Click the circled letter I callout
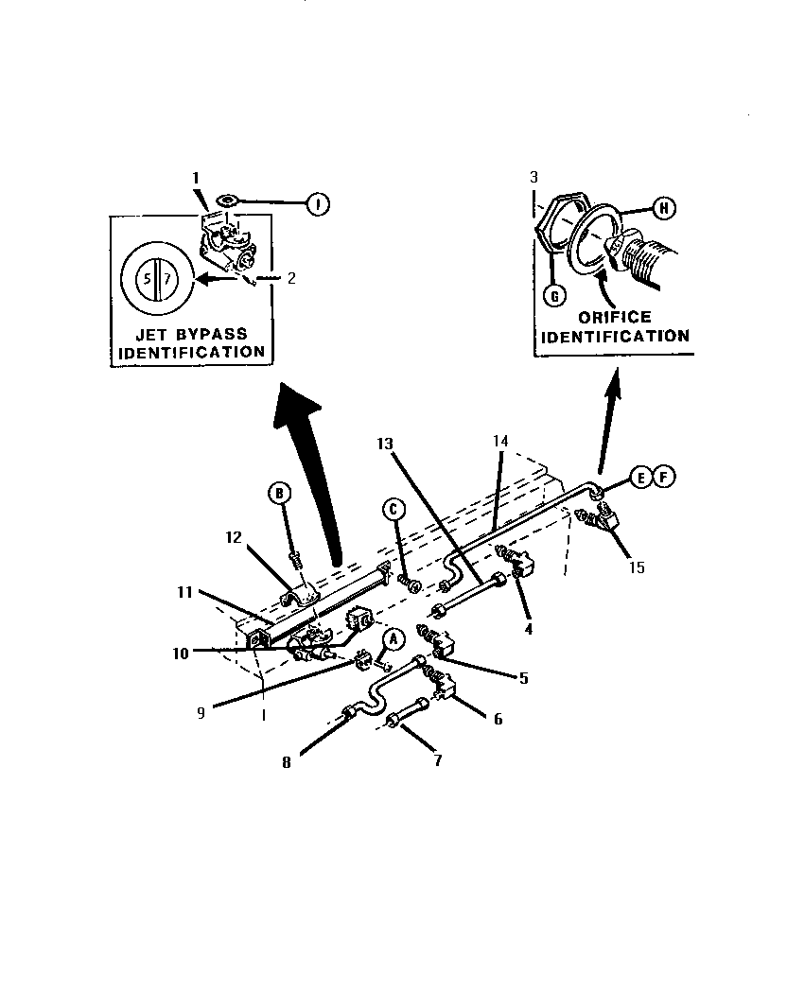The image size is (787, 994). pos(318,204)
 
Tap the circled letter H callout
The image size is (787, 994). pos(664,208)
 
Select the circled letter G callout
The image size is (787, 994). pos(555,295)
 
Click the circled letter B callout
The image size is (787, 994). pos(279,493)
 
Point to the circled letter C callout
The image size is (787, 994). pos(393,510)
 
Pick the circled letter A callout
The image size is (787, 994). pos(393,639)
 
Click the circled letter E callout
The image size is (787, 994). pos(641,477)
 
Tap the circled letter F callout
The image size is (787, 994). pos(664,477)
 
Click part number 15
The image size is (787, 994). pos(637,567)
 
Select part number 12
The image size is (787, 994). pos(234,537)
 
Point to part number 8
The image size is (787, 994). pos(287,762)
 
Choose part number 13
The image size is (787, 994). pos(385,444)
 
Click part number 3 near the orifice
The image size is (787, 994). pos(533,178)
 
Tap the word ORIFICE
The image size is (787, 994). pos(615,317)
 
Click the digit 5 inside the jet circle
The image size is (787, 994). pos(147,279)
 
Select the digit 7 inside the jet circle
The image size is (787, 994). pos(166,279)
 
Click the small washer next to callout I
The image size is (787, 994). pos(226,201)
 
